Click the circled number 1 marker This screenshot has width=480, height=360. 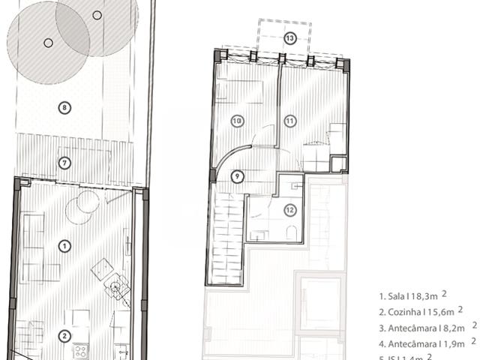pos(64,245)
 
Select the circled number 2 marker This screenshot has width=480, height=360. pos(64,336)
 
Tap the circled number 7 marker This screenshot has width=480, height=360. pos(64,162)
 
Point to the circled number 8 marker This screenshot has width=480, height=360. pos(64,107)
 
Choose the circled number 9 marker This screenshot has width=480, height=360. pos(237,176)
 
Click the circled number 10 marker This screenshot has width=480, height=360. pos(237,120)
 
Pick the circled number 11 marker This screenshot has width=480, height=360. pos(290,120)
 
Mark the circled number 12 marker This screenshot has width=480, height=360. pos(290,210)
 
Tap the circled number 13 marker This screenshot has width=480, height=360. pos(289,37)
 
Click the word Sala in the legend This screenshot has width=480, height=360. pos(397,297)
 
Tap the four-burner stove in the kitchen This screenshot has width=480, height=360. pos(79,352)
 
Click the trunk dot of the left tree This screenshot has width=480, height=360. pos(48,43)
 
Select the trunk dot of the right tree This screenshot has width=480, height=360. pos(97,15)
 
